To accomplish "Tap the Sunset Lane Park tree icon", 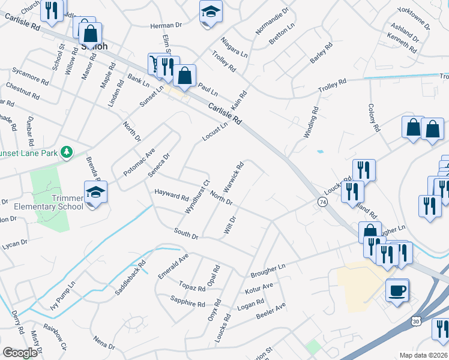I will tap(68, 152).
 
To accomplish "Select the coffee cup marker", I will tap(396, 291).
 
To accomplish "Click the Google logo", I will tap(20, 353).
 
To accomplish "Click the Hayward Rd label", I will tap(172, 196).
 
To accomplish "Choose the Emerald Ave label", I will tap(173, 265).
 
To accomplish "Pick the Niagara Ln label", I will tap(234, 46).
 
